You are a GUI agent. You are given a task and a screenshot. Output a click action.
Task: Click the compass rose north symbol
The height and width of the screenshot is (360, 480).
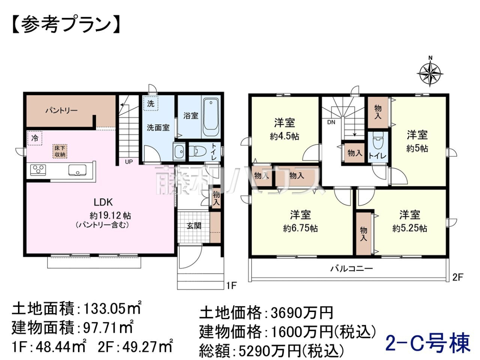pos(430,72)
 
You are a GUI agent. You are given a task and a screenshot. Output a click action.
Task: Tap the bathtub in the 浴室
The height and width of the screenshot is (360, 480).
pos(211,117)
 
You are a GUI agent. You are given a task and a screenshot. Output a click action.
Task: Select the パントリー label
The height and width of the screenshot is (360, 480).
pos(62,110)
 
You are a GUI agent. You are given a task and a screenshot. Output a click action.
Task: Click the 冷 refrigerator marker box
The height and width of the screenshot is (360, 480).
pos(35,138)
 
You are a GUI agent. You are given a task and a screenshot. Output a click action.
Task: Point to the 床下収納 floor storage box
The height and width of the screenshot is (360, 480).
pos(60,151)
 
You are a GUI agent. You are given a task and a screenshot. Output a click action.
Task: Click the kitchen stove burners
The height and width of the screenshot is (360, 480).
pos(38,169)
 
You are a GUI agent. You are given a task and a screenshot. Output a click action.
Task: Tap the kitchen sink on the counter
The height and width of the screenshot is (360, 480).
pos(77,170)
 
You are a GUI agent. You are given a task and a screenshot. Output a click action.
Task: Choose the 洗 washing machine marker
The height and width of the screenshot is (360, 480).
pos(151,104)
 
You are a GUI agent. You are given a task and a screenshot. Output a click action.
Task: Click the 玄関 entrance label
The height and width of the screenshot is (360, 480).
pos(194,226)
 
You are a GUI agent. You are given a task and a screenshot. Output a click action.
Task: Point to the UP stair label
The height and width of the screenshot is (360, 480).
pos(129,162)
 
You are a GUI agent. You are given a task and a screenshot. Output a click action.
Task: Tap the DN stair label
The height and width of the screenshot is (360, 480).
pos(331,122)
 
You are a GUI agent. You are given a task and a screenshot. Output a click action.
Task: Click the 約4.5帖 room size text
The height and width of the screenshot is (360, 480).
pos(284,137)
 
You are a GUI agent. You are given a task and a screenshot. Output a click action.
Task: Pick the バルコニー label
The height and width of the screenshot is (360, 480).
pos(351,268)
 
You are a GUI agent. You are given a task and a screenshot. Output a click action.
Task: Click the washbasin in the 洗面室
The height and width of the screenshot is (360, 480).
pos(179,151)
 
